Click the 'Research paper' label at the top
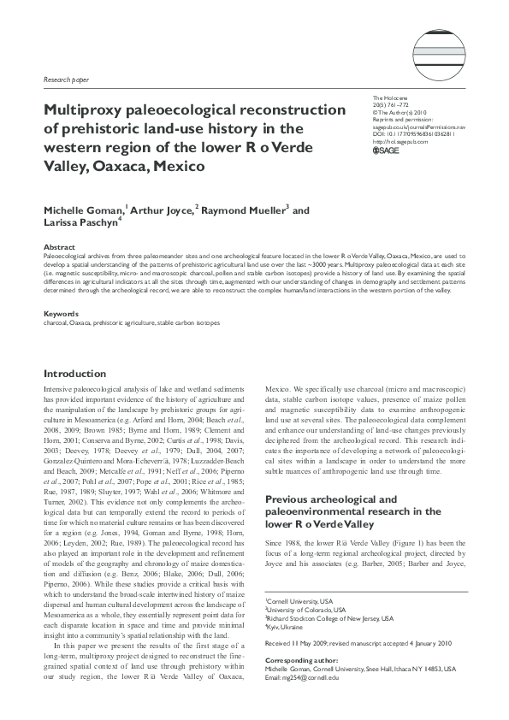tap(65, 79)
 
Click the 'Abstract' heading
tap(58, 246)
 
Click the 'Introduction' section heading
tap(75, 374)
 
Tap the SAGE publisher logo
tap(387, 151)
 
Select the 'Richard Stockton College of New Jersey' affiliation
tap(329, 618)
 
